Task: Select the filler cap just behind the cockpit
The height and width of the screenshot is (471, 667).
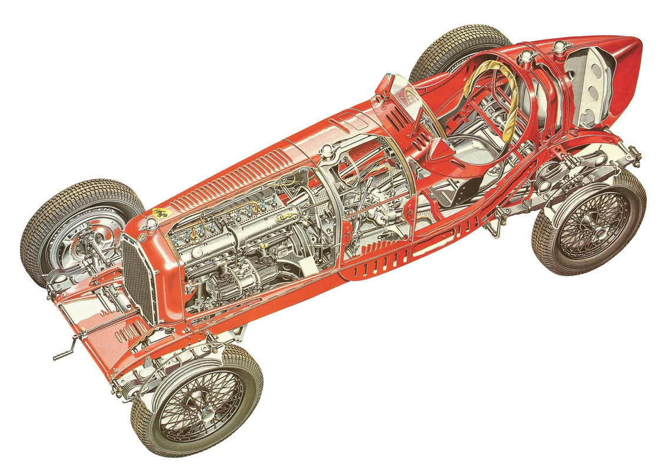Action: pos(525,57)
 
